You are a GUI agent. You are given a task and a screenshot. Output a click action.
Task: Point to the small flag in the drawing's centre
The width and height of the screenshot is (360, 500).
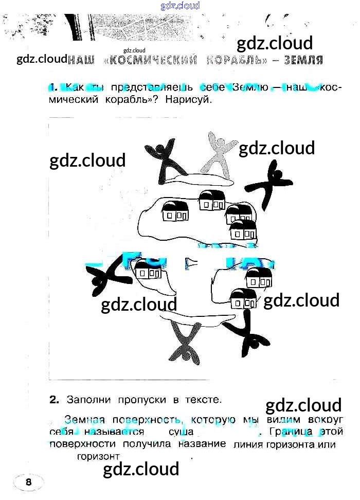(x=191, y=262)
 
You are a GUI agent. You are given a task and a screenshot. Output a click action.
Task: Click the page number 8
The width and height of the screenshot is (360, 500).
(x=28, y=482)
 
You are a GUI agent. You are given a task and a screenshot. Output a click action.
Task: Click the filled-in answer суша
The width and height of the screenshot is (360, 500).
(x=181, y=432)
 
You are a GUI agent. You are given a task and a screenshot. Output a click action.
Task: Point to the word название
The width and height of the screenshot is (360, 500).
(x=203, y=443)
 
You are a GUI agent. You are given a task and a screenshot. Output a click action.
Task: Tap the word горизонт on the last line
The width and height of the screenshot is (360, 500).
(x=98, y=456)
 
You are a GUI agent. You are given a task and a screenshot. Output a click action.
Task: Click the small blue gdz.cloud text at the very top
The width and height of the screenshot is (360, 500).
(x=180, y=6)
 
